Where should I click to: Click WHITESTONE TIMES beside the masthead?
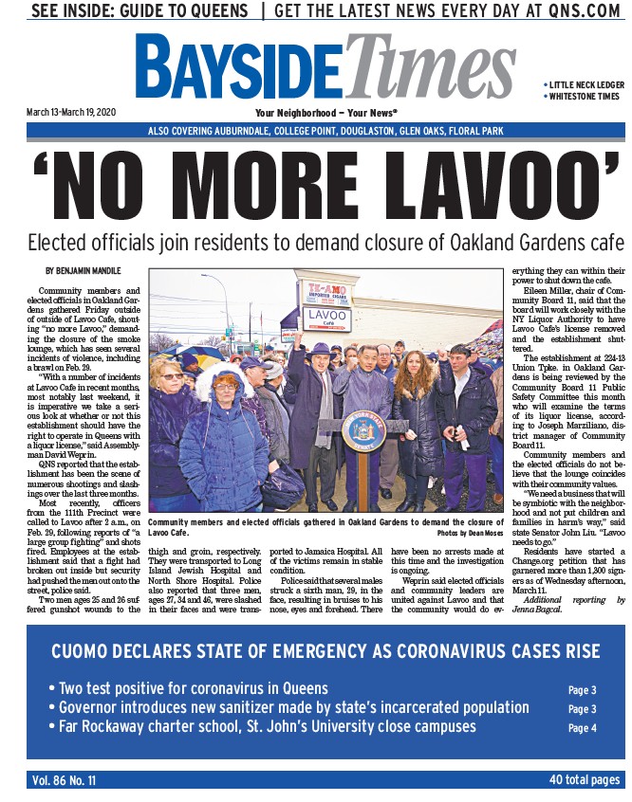tap(585, 97)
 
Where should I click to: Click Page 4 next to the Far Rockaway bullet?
tap(582, 728)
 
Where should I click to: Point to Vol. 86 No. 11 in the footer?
tap(64, 780)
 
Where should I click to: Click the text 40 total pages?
tap(583, 780)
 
